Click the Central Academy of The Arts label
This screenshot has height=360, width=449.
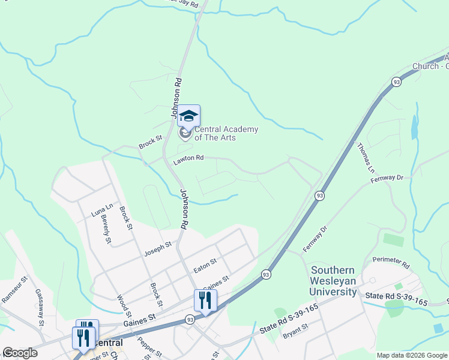point(225,133)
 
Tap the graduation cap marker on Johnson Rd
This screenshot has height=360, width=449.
point(188,116)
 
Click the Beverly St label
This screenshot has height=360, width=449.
point(106,229)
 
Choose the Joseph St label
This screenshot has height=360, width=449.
point(157,249)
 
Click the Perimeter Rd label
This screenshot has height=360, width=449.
point(390,263)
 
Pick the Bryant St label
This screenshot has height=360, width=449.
point(295,329)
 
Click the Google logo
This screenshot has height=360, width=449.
point(20,353)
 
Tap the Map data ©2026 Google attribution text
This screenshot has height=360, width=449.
point(411,355)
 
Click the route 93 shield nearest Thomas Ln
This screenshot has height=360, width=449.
point(396,81)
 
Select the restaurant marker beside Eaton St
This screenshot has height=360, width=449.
point(205,301)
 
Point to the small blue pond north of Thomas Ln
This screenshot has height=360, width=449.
point(414,127)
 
